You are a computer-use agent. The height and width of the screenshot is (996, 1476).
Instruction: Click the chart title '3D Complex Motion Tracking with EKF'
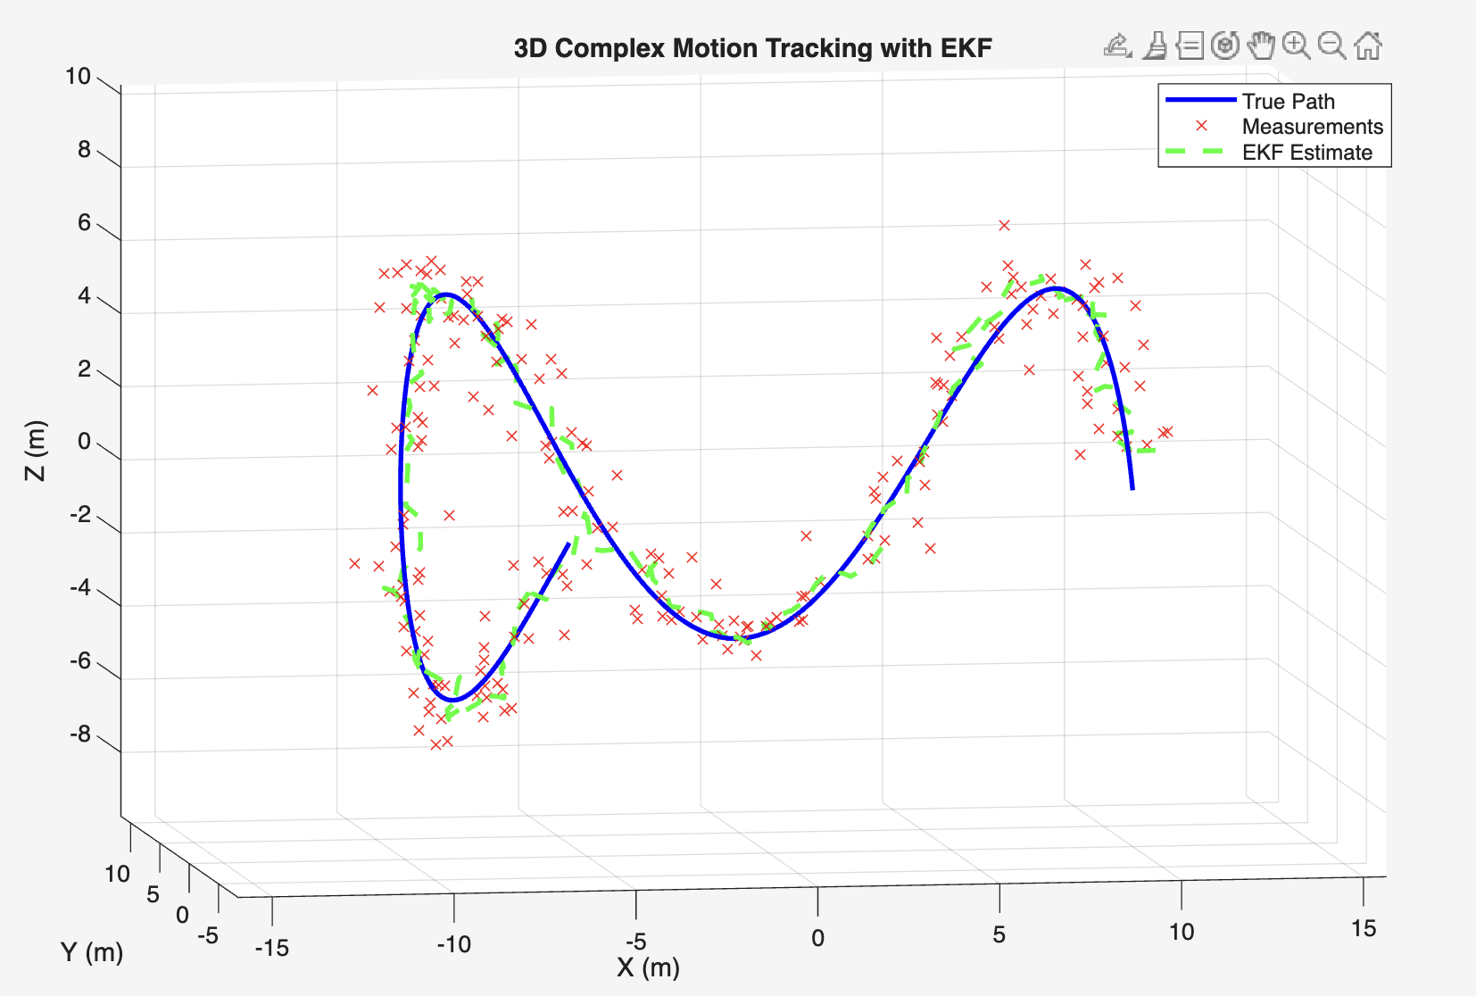click(752, 48)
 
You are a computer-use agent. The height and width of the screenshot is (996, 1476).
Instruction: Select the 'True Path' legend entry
click(1288, 102)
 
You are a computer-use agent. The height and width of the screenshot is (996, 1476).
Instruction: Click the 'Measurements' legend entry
click(1312, 127)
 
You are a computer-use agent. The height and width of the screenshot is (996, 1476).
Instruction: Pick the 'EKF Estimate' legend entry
click(1306, 153)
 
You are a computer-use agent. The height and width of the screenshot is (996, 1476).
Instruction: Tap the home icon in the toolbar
click(1367, 46)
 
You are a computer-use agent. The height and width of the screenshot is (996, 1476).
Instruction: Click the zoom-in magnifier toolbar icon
click(1296, 46)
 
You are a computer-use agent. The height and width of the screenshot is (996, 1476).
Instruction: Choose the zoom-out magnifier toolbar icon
click(1331, 46)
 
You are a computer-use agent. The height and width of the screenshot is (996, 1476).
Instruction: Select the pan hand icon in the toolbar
click(1260, 46)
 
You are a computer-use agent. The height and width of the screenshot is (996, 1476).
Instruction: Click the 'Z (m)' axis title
click(35, 451)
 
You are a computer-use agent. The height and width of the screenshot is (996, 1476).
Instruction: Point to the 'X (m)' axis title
click(648, 967)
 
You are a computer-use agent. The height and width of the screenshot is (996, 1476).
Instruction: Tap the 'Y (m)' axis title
click(92, 952)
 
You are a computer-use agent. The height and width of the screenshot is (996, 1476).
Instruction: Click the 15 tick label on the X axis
click(1363, 929)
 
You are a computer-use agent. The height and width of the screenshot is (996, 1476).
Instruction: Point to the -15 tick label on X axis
click(272, 948)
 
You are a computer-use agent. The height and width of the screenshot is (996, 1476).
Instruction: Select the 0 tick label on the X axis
click(817, 938)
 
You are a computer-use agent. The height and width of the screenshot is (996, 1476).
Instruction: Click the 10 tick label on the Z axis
click(79, 77)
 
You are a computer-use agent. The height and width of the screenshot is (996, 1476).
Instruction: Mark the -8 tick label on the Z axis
click(79, 735)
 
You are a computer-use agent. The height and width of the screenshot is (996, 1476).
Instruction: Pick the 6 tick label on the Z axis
click(85, 223)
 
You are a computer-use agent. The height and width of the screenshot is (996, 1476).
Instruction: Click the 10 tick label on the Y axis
click(117, 874)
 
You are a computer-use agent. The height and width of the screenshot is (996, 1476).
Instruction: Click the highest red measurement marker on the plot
click(1004, 225)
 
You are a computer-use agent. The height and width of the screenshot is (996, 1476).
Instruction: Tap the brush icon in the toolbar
click(1155, 46)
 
